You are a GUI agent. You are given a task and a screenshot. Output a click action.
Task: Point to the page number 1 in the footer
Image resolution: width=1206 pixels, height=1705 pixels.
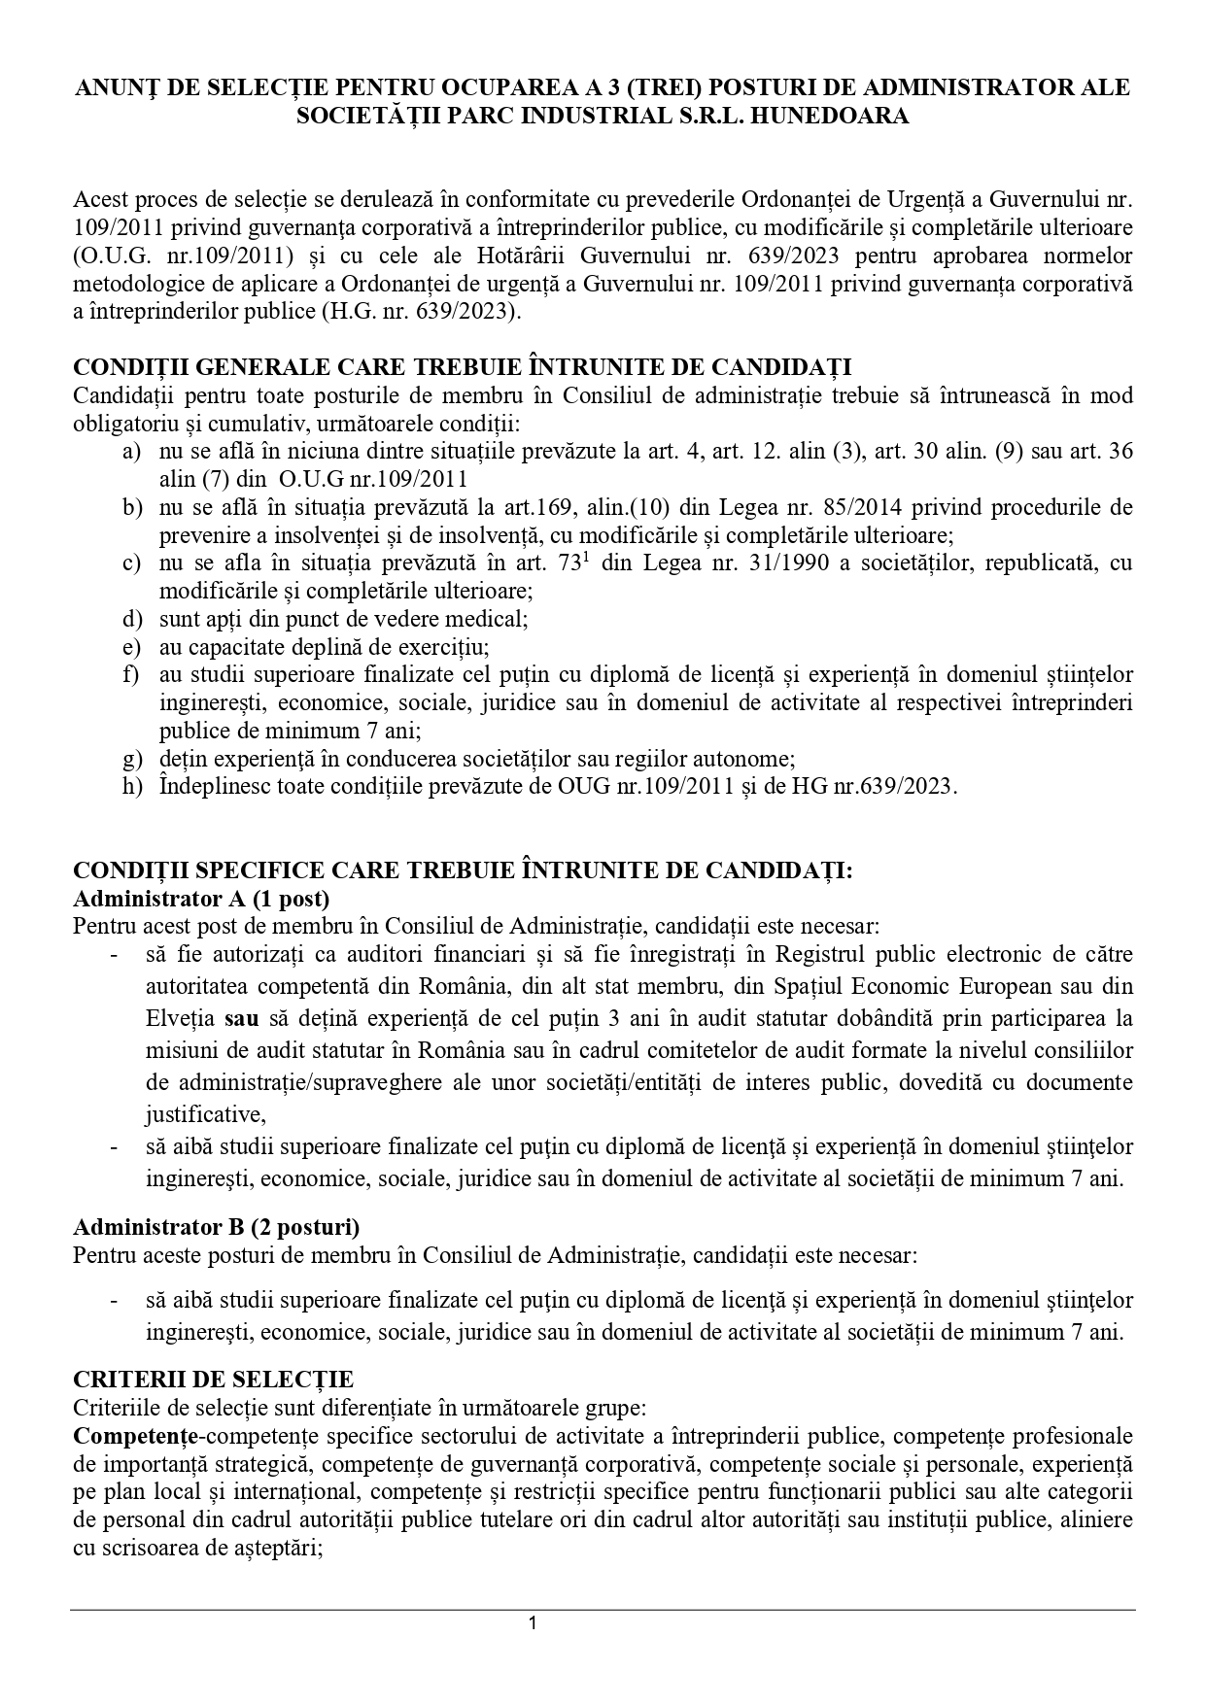point(533,1623)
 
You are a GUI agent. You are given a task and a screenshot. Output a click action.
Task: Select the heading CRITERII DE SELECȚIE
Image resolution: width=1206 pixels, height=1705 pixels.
point(213,1380)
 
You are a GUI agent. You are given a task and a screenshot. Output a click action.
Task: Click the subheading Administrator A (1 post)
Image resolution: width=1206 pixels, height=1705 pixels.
point(201,896)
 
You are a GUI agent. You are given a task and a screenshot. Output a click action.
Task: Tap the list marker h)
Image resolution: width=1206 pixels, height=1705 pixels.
point(132,787)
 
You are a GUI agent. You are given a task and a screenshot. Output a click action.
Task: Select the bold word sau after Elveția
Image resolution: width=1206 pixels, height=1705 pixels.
point(243,1019)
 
